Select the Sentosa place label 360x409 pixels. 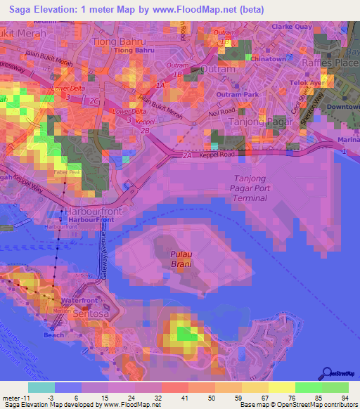click(91, 314)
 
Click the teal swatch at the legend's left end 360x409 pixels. click(41, 387)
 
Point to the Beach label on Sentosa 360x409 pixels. click(54, 335)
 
